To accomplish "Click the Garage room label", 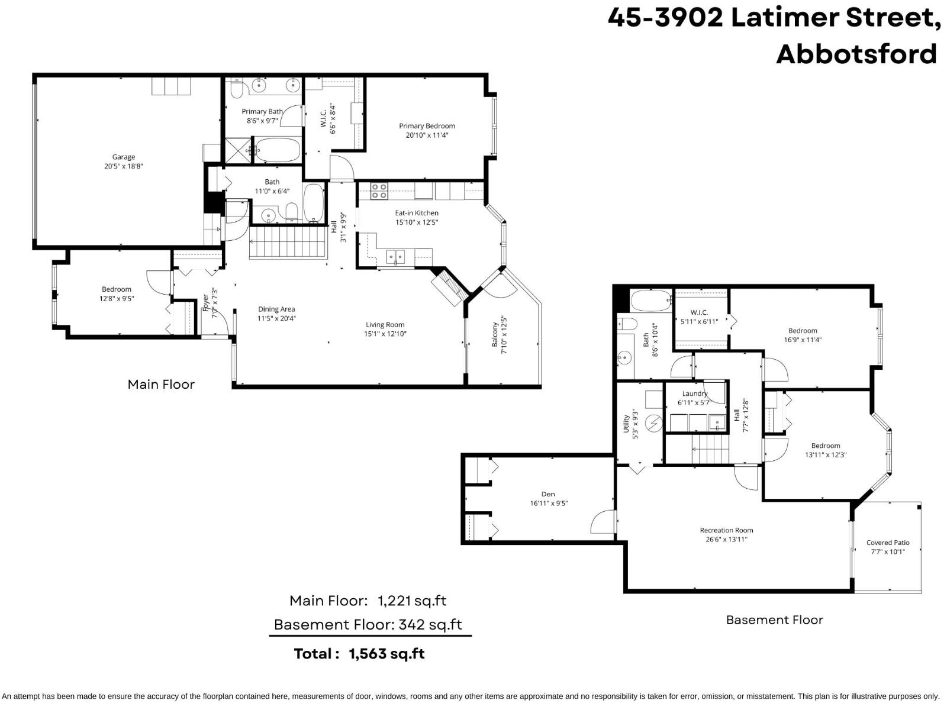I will pyautogui.click(x=123, y=157).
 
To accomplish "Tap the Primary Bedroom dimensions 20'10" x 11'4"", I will pyautogui.click(x=427, y=135).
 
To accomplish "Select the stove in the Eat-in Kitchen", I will pyautogui.click(x=379, y=191).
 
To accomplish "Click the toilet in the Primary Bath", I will pyautogui.click(x=237, y=89).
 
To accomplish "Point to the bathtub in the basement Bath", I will pyautogui.click(x=650, y=301).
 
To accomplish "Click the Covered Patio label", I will pyautogui.click(x=887, y=543).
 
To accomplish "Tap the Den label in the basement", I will pyautogui.click(x=548, y=494).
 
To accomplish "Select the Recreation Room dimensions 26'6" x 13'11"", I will pyautogui.click(x=726, y=540).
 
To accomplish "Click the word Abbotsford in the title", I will pyautogui.click(x=856, y=54).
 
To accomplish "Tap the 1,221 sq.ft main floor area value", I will pyautogui.click(x=412, y=601).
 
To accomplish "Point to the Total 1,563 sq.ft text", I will pyautogui.click(x=359, y=654).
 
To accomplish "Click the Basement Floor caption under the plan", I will pyautogui.click(x=774, y=620).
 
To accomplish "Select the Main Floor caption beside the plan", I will pyautogui.click(x=161, y=385).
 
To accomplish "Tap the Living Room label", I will pyautogui.click(x=385, y=324).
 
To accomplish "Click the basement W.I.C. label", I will pyautogui.click(x=699, y=312).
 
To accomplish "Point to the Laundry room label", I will pyautogui.click(x=694, y=393).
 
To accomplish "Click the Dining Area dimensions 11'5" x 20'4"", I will pyautogui.click(x=276, y=318).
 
